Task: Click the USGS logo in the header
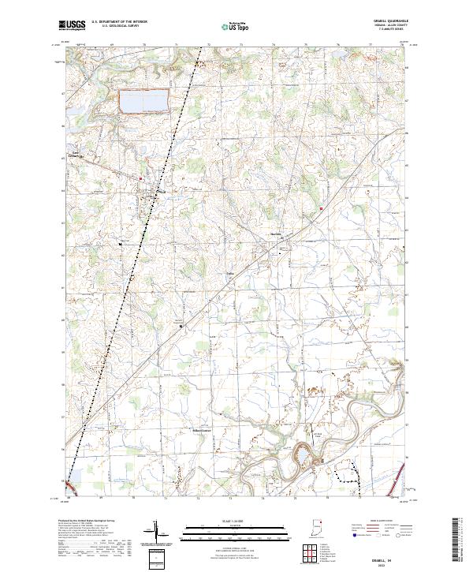[x=73, y=25]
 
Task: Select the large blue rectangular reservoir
[x=143, y=102]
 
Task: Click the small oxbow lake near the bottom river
[x=301, y=456]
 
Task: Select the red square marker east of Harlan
[x=322, y=208]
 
